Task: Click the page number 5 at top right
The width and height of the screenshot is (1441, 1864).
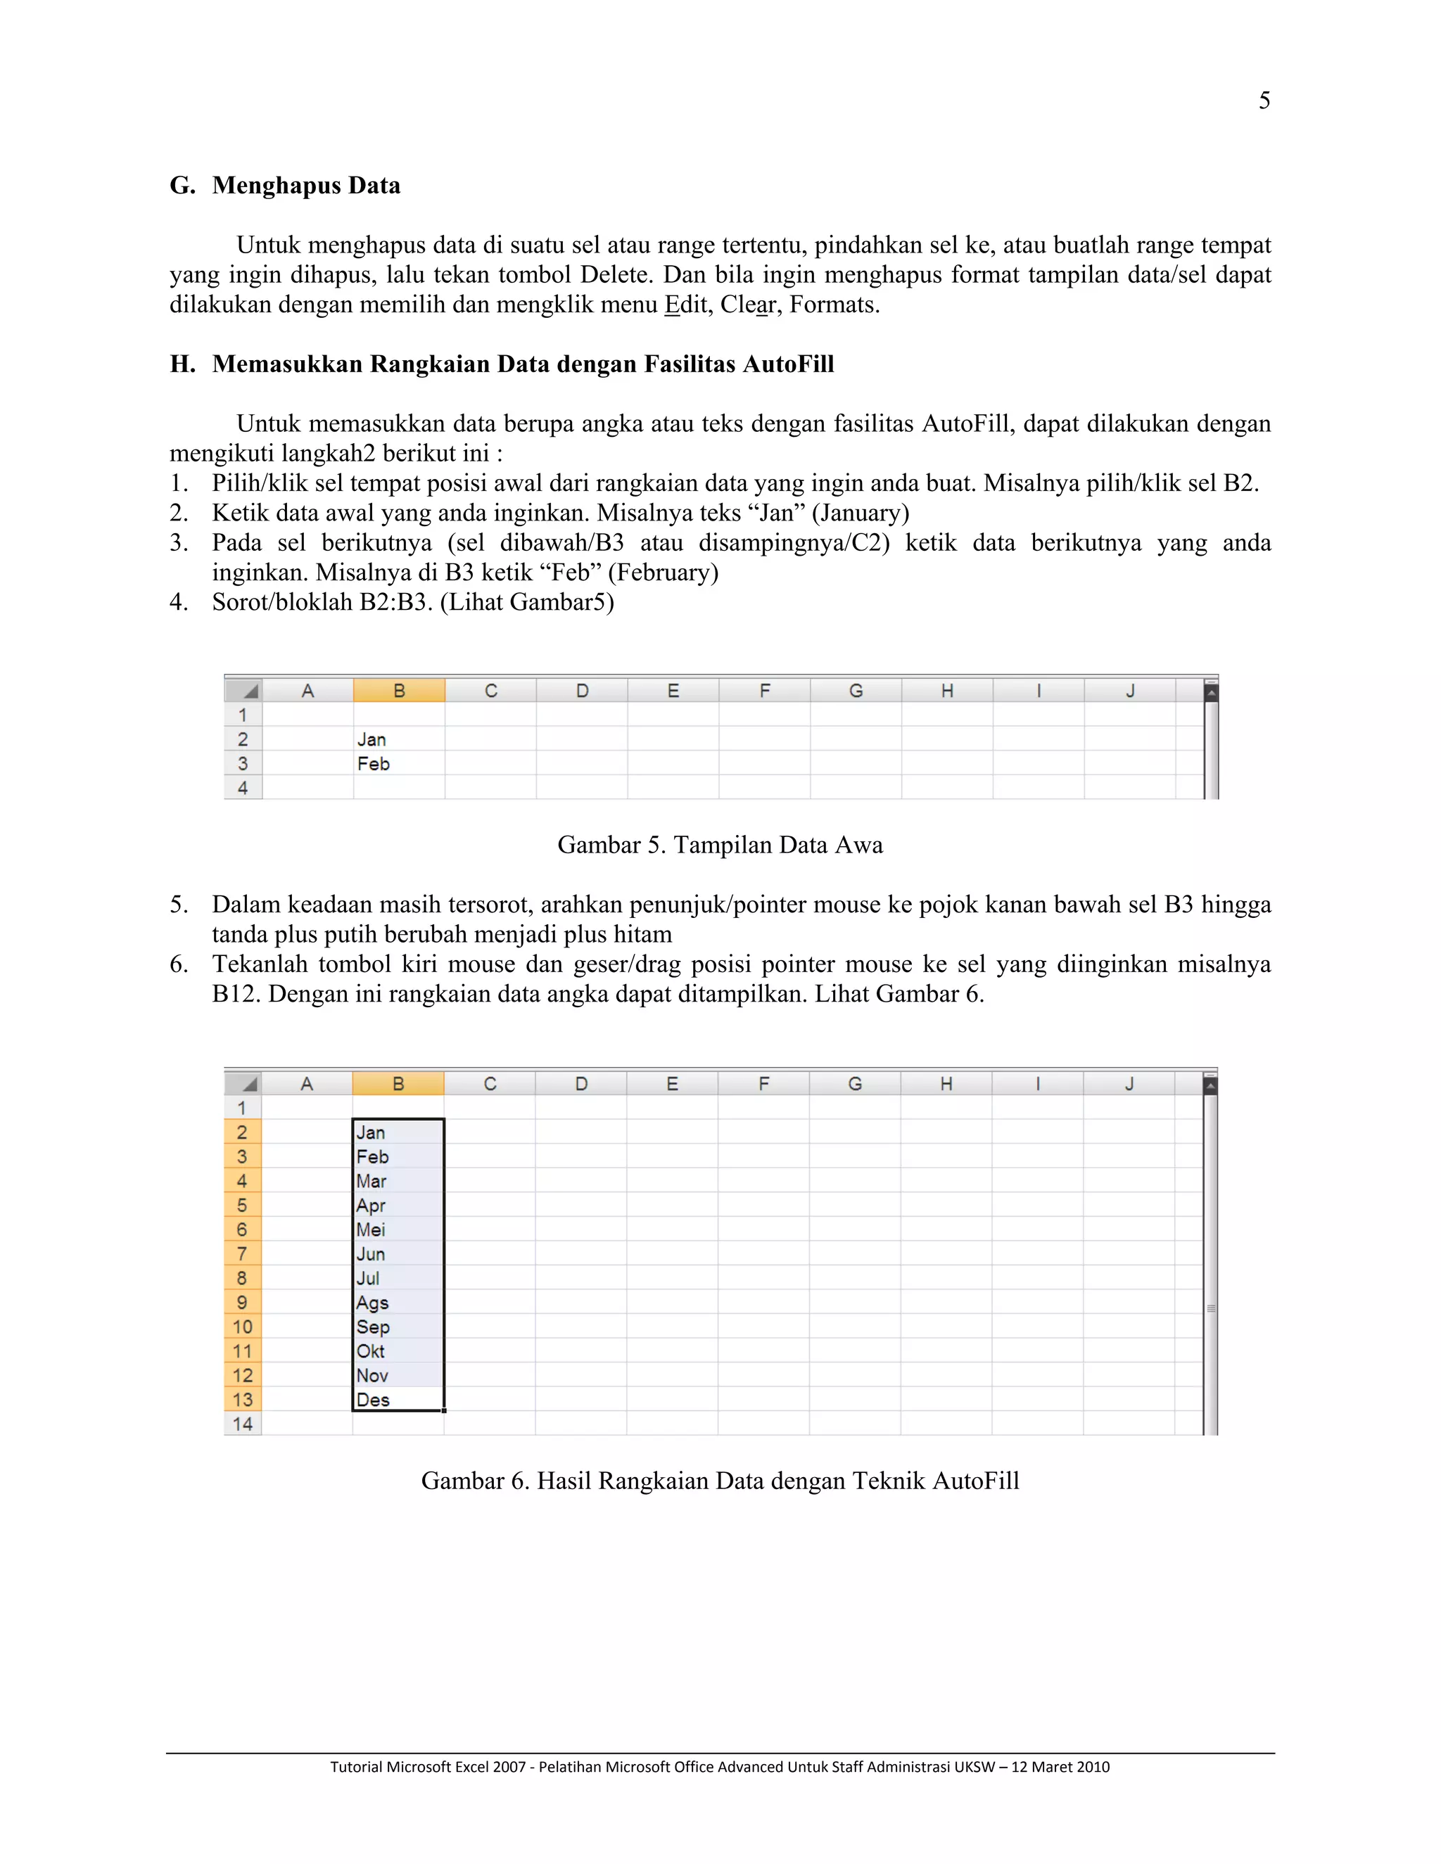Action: (x=1264, y=101)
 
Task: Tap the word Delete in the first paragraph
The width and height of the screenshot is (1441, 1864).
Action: (x=614, y=275)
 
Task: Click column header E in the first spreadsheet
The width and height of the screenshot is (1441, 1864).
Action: (x=673, y=691)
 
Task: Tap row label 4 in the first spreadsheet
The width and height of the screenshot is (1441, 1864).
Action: (x=243, y=788)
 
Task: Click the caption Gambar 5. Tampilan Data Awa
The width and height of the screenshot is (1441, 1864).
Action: (x=720, y=845)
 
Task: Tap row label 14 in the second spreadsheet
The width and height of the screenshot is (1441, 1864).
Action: (x=243, y=1424)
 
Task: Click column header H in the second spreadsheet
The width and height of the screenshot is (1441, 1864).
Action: (x=946, y=1084)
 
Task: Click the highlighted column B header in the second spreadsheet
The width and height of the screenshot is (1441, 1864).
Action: (x=398, y=1084)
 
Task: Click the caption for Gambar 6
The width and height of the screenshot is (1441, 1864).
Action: (x=720, y=1481)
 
